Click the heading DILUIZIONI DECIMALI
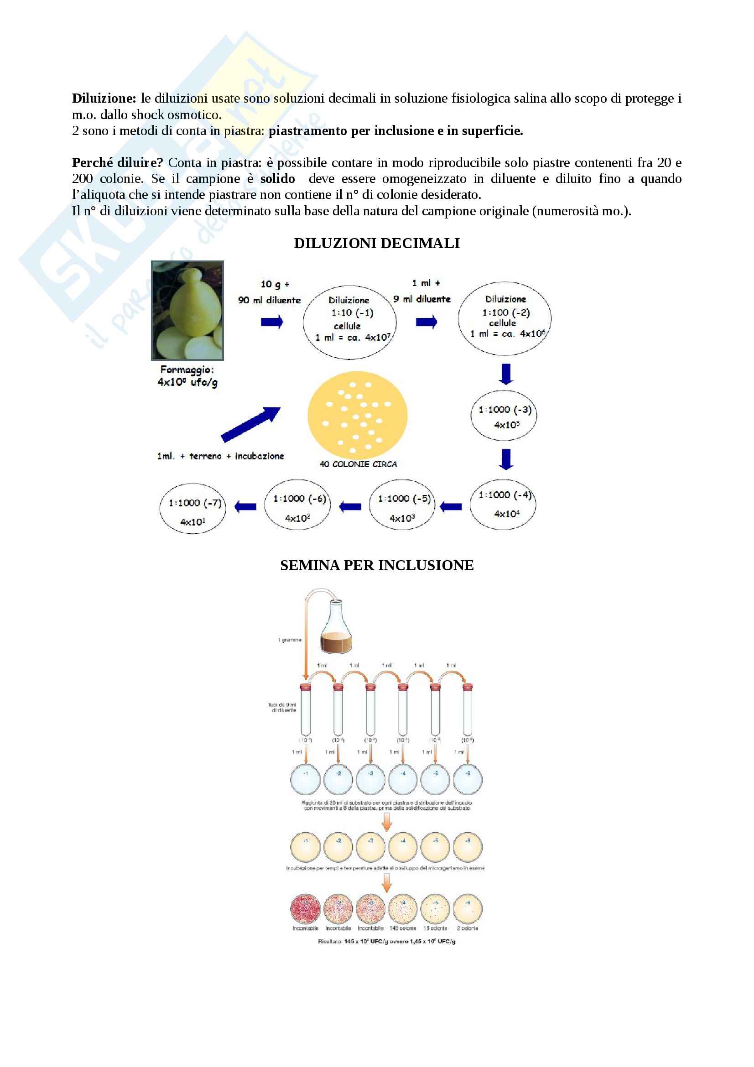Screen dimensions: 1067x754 tap(377, 244)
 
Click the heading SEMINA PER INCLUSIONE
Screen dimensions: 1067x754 tap(377, 566)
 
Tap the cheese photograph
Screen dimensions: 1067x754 tap(187, 311)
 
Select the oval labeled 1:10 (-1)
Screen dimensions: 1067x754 tap(350, 322)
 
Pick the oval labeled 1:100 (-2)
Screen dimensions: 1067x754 tap(504, 319)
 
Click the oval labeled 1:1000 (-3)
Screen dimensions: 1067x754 tap(504, 417)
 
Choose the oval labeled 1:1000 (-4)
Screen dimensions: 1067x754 tap(503, 505)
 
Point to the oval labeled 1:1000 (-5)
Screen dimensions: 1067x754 tap(402, 505)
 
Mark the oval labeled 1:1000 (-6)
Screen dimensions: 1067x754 tap(297, 505)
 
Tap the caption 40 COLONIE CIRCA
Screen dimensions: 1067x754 tap(358, 464)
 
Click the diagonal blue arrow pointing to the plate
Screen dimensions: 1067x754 tap(250, 424)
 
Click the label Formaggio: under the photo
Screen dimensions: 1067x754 tap(187, 370)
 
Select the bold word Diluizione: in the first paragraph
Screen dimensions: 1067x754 tap(104, 99)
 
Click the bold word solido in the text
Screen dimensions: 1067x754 tap(277, 179)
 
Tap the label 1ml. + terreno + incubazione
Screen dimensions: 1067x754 tap(221, 456)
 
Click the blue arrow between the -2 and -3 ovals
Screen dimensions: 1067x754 tap(506, 374)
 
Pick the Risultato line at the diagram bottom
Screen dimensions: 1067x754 tap(386, 942)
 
